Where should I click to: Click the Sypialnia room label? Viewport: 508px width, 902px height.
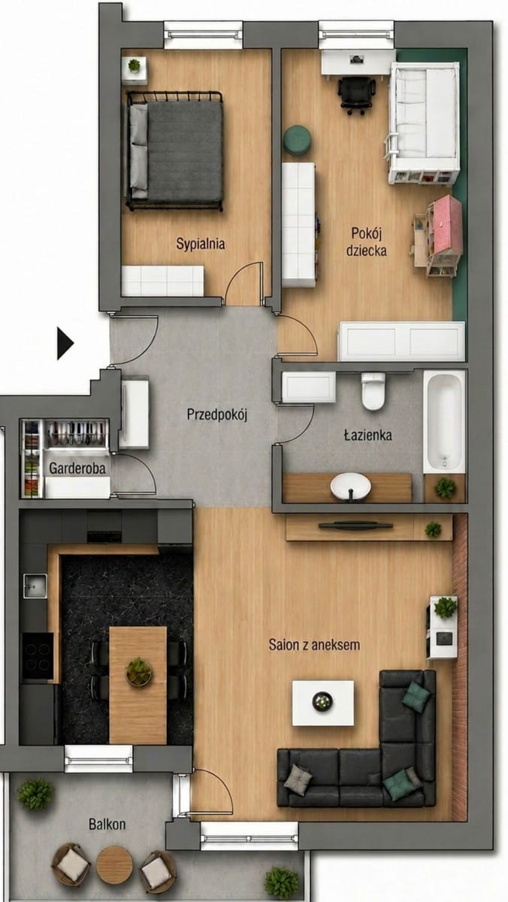pyautogui.click(x=200, y=244)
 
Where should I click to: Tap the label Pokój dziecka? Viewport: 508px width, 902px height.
pyautogui.click(x=366, y=241)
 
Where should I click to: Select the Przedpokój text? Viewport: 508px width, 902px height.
pyautogui.click(x=216, y=414)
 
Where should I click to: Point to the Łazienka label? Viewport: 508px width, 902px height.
pyautogui.click(x=367, y=435)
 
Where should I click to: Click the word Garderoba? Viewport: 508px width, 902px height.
pyautogui.click(x=77, y=468)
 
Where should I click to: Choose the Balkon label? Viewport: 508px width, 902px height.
pyautogui.click(x=107, y=825)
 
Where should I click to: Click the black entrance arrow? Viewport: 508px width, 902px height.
pyautogui.click(x=65, y=344)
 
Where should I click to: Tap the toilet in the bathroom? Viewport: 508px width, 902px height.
pyautogui.click(x=373, y=391)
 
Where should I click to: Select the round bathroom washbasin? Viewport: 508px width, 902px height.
pyautogui.click(x=351, y=486)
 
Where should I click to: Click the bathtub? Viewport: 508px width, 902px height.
pyautogui.click(x=444, y=422)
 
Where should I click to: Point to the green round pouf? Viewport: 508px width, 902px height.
pyautogui.click(x=298, y=140)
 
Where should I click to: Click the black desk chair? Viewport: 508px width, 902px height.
pyautogui.click(x=356, y=95)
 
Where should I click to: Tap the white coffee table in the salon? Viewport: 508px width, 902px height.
pyautogui.click(x=323, y=703)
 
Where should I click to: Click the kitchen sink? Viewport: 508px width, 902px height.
pyautogui.click(x=35, y=585)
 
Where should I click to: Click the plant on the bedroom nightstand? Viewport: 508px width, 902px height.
pyautogui.click(x=134, y=65)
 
